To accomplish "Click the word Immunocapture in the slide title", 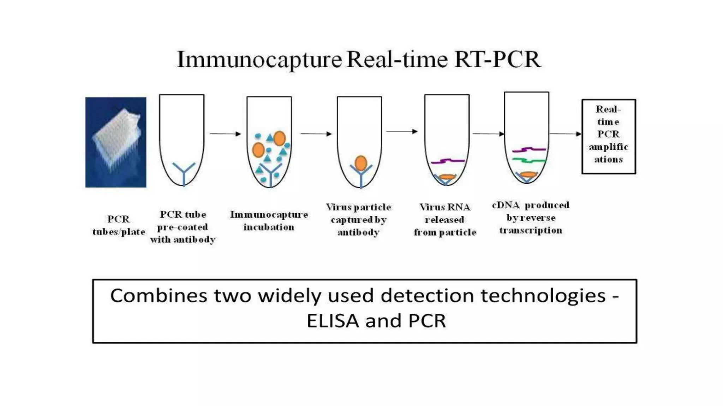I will point(259,60).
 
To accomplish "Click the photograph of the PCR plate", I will point(116,142).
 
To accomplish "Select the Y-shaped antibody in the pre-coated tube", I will point(184,173).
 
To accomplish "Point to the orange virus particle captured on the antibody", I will point(360,163).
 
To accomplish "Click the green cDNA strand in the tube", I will point(529,161).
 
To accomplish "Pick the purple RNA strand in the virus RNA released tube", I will point(448,161).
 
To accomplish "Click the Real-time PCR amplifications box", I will point(609,136).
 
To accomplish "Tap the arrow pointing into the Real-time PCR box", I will point(565,134).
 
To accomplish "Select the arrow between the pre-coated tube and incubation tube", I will point(225,134).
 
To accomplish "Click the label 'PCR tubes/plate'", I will point(119,226).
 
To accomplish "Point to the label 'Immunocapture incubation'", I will point(269,221).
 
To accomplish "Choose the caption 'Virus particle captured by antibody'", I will point(358,220).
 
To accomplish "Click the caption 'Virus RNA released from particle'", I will point(445,220).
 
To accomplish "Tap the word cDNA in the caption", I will point(506,205).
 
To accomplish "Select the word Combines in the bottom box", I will point(159,295).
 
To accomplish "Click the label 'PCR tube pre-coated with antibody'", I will point(183,227).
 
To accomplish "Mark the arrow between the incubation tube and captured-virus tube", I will point(316,134).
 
